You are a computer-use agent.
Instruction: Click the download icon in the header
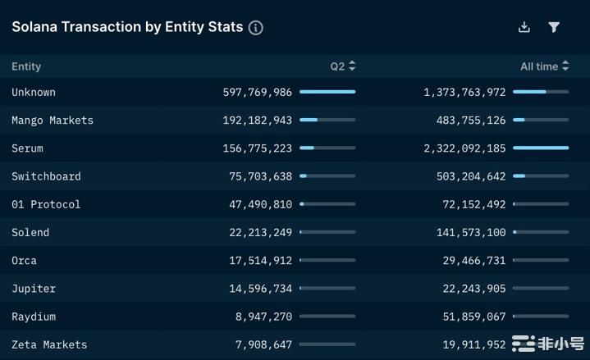point(524,27)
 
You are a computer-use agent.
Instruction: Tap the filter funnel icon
point(554,27)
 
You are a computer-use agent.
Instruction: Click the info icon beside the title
point(256,28)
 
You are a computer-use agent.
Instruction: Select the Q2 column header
point(342,66)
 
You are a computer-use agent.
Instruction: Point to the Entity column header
point(26,66)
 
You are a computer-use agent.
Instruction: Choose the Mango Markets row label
point(53,121)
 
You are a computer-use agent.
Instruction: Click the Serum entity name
point(27,148)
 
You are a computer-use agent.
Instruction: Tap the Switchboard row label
point(46,176)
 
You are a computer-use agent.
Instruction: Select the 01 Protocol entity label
point(46,204)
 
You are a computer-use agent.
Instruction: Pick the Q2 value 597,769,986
point(257,93)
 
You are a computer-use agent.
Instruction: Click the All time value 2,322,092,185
point(464,148)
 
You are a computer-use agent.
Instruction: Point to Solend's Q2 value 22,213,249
point(260,233)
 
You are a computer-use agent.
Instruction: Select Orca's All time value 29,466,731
point(471,261)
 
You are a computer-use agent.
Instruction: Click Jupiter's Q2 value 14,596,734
point(260,289)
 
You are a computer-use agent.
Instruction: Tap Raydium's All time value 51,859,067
point(471,317)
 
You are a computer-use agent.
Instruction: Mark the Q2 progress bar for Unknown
point(327,92)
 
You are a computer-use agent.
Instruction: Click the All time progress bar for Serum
point(541,148)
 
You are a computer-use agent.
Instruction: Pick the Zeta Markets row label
point(49,344)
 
